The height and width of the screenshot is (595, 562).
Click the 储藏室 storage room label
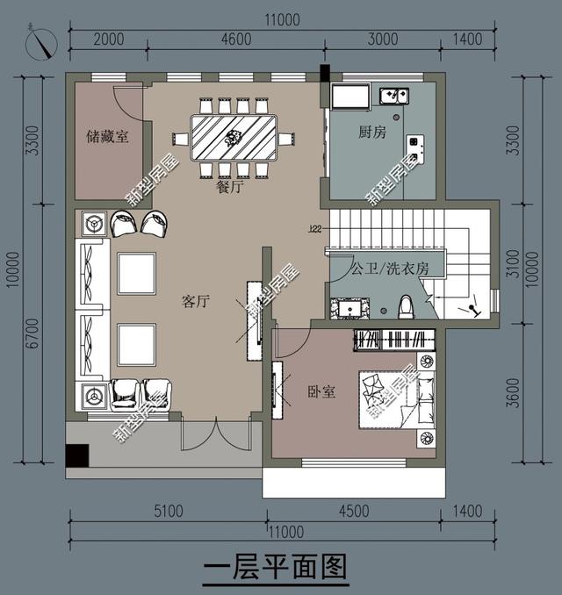(x=108, y=137)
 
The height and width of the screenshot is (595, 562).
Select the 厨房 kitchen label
(x=371, y=133)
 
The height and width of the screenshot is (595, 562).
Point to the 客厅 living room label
(x=195, y=302)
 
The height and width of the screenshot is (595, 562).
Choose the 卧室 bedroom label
(x=321, y=391)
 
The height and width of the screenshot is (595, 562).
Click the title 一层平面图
(x=276, y=568)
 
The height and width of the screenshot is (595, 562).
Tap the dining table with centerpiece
(x=234, y=137)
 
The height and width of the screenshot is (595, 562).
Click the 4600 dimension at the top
(x=237, y=39)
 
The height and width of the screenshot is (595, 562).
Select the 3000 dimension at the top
(x=383, y=39)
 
